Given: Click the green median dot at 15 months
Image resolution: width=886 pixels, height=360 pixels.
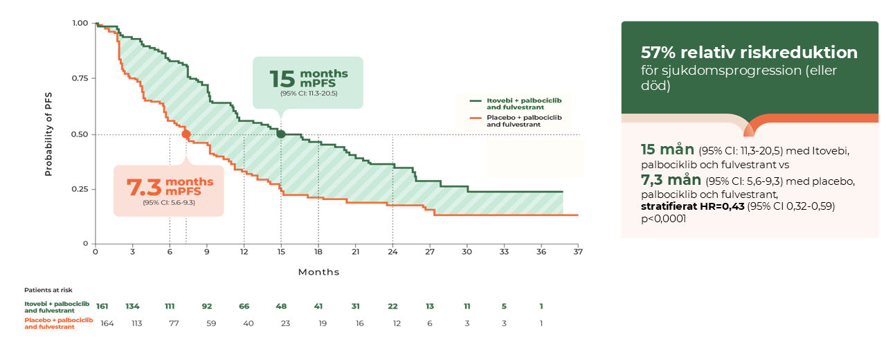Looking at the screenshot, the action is [281, 134].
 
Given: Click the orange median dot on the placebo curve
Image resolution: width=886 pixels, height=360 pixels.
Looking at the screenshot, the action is [186, 134].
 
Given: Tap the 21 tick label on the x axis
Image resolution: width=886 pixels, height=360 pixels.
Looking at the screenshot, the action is [356, 251].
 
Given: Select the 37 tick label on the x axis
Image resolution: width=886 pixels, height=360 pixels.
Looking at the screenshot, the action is [578, 251].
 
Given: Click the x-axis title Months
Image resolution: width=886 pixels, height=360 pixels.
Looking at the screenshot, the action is [319, 272].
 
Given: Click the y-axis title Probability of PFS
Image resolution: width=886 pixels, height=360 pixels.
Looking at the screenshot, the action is [48, 134].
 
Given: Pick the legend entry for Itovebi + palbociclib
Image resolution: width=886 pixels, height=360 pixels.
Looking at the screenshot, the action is [516, 104].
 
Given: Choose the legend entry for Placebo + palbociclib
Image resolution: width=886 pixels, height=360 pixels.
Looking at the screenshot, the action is [516, 120].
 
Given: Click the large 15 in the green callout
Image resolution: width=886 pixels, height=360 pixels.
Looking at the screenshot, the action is [282, 79].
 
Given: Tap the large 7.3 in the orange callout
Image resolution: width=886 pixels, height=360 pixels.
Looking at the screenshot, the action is [144, 188].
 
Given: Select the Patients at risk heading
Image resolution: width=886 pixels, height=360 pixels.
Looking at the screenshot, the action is [48, 290].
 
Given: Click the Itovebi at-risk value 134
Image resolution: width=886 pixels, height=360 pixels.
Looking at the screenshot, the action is [132, 306].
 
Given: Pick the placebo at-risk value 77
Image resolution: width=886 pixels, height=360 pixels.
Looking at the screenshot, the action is [174, 323].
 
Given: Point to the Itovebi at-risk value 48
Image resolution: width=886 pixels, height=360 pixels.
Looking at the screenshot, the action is [281, 306].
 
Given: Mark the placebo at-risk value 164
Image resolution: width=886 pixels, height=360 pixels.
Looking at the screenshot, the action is [107, 323].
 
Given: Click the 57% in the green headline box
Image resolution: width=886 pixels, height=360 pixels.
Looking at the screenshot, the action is [658, 52].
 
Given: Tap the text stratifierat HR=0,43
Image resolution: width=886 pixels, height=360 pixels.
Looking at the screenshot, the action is [693, 206].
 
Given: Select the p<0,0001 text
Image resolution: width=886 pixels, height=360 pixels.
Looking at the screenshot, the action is [663, 218].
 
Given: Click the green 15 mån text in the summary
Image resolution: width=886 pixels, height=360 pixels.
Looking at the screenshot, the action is [667, 149].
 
